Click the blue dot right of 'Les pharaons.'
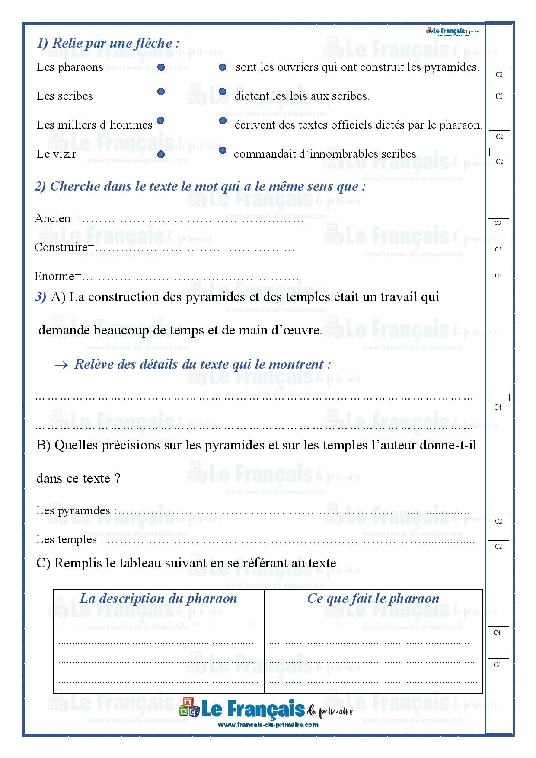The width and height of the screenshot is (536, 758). pyautogui.click(x=161, y=67)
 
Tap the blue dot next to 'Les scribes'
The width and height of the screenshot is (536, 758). pyautogui.click(x=161, y=92)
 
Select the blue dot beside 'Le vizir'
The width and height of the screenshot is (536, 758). pyautogui.click(x=161, y=154)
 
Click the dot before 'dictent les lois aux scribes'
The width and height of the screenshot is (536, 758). pyautogui.click(x=223, y=91)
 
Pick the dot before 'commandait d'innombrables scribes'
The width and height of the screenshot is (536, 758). pyautogui.click(x=223, y=150)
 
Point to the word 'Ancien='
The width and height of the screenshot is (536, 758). pyautogui.click(x=56, y=218)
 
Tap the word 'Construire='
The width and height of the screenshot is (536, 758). pyautogui.click(x=64, y=247)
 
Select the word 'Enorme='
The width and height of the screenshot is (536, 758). pyautogui.click(x=57, y=276)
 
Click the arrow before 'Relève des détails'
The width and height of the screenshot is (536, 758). pyautogui.click(x=61, y=365)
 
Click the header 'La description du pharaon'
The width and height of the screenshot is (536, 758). pyautogui.click(x=158, y=599)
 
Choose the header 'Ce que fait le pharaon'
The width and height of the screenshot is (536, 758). pyautogui.click(x=373, y=599)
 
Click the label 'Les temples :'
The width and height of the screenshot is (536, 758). pyautogui.click(x=70, y=539)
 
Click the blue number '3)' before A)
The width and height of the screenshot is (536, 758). pyautogui.click(x=41, y=297)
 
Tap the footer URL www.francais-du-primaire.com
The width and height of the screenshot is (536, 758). pyautogui.click(x=268, y=725)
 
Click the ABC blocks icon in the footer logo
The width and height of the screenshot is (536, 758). pyautogui.click(x=189, y=707)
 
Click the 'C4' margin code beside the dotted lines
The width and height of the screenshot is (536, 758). pyautogui.click(x=498, y=407)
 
